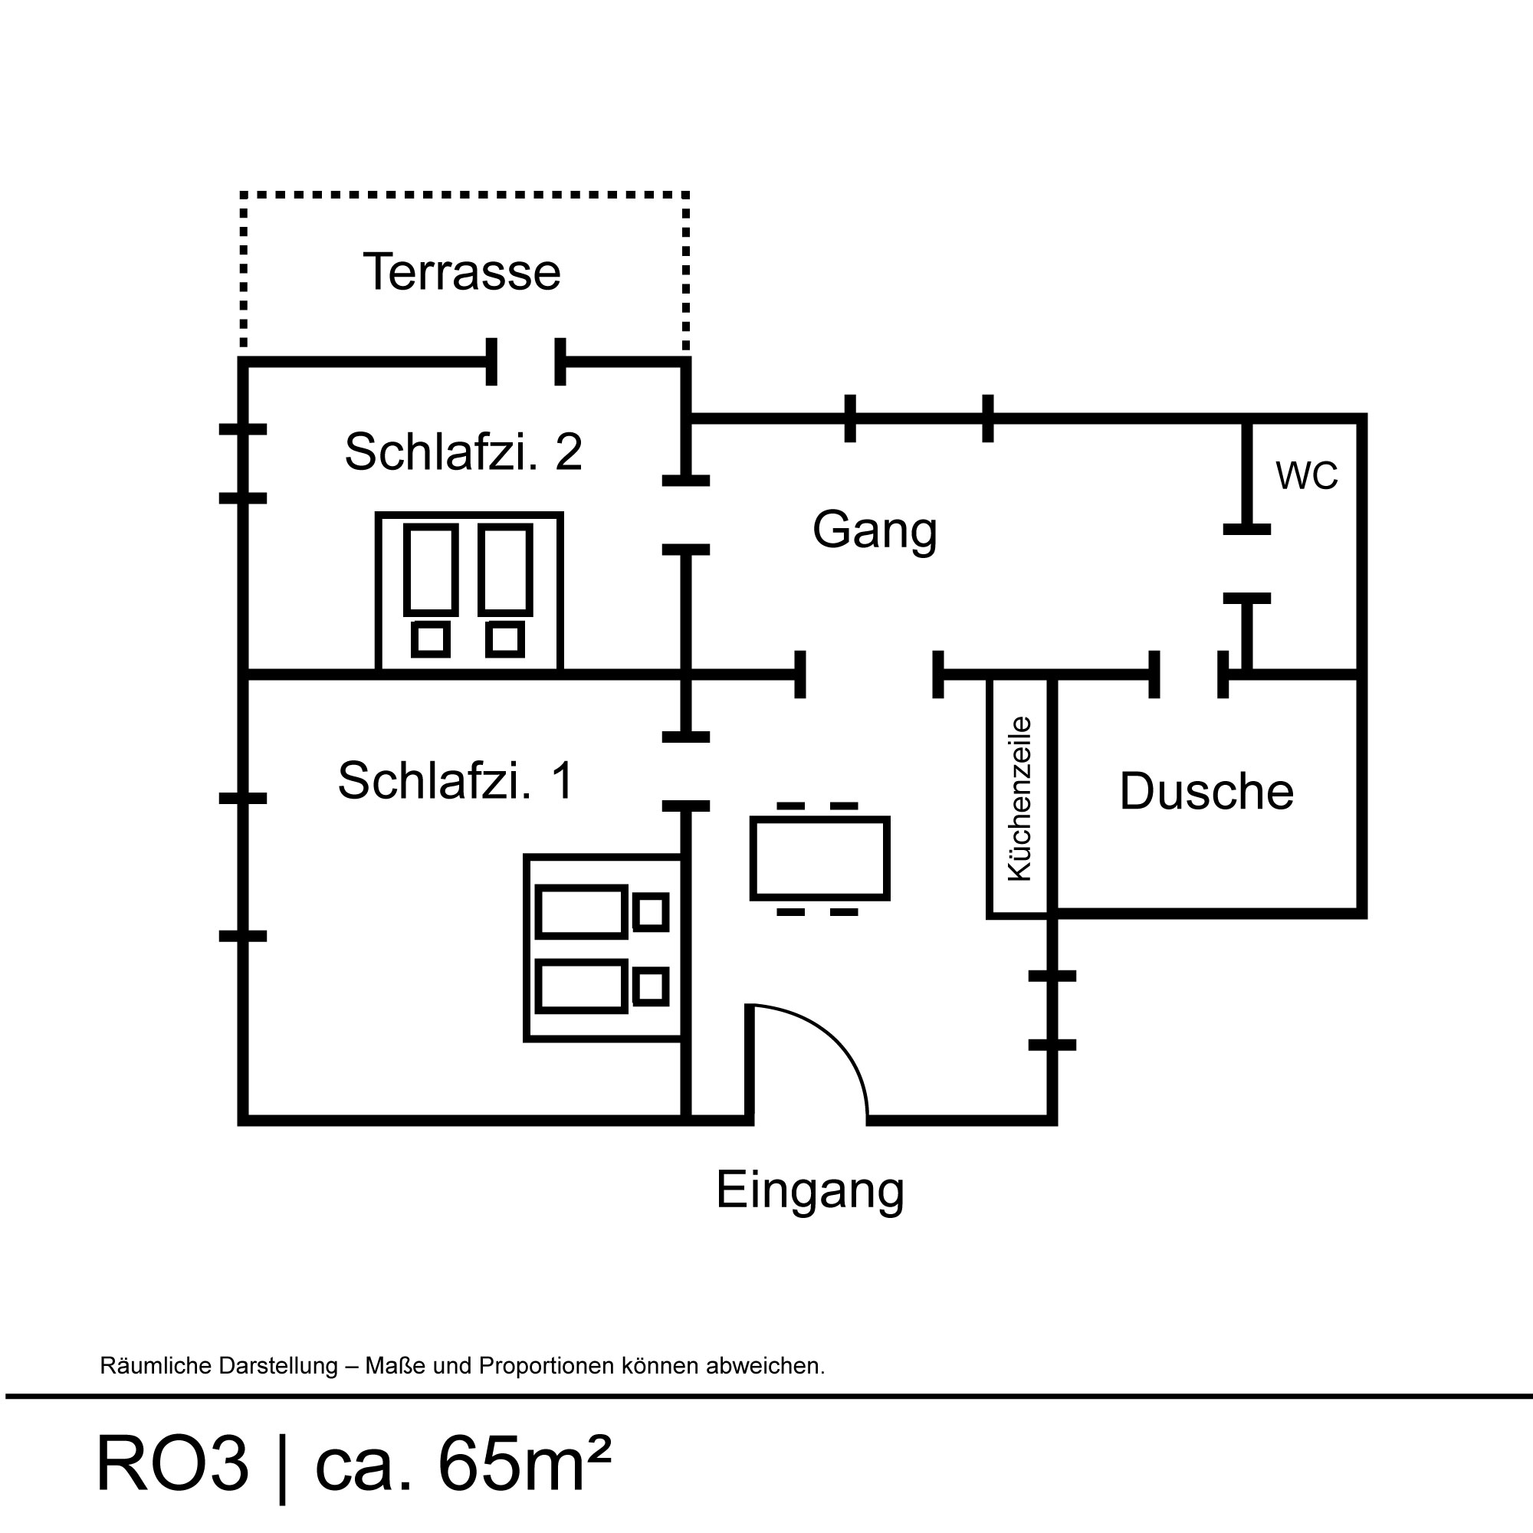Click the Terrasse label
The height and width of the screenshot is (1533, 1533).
click(461, 272)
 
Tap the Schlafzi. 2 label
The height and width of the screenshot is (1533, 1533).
click(464, 451)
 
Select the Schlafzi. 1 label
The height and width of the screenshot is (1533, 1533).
click(455, 781)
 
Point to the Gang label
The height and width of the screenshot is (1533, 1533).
click(875, 530)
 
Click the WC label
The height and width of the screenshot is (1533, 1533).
click(1306, 476)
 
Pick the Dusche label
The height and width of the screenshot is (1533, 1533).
click(1206, 792)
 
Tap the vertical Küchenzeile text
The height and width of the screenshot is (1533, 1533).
click(1019, 798)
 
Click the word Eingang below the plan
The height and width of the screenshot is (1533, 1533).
click(809, 1190)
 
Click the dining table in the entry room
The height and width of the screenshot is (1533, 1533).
click(819, 858)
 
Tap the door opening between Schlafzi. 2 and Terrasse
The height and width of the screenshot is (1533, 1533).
click(525, 363)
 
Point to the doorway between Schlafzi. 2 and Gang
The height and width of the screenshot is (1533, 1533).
click(686, 515)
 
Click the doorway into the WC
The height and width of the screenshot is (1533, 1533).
click(1246, 563)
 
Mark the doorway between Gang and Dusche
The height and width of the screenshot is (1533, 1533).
click(1189, 675)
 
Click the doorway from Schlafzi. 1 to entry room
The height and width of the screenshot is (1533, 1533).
click(686, 771)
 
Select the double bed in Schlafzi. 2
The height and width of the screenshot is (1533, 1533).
click(469, 591)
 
